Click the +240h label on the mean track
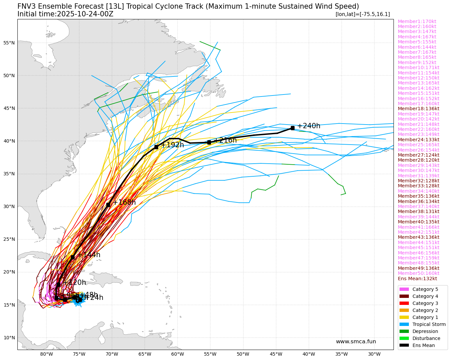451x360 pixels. (x=309, y=126)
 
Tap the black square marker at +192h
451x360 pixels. (x=156, y=147)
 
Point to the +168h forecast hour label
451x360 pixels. (x=124, y=202)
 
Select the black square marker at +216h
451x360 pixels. (x=209, y=142)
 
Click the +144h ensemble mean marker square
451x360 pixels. (x=73, y=257)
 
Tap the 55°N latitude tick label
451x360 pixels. (x=9, y=43)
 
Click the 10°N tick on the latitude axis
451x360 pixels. (x=9, y=338)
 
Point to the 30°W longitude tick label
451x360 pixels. (x=374, y=354)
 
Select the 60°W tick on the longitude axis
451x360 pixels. (x=177, y=354)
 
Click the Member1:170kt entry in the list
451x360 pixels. (x=417, y=21)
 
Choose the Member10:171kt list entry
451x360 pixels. (x=418, y=67)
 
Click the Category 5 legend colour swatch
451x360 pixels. (x=404, y=289)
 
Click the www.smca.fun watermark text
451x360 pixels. (x=356, y=342)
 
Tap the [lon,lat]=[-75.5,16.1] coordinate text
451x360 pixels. (x=362, y=14)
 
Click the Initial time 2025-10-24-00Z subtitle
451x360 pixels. (x=65, y=14)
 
